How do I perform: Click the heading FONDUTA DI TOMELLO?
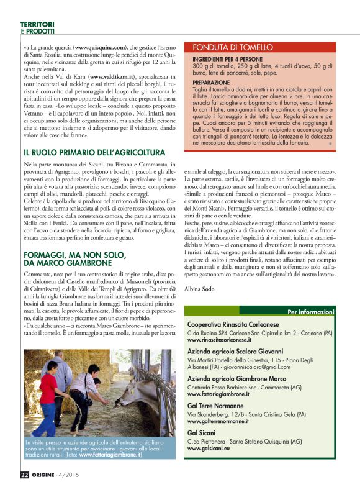[233, 47]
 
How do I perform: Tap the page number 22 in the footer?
[24, 475]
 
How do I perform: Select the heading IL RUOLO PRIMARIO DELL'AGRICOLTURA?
[94, 152]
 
